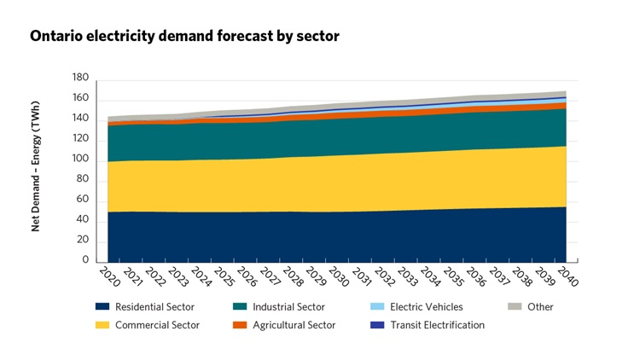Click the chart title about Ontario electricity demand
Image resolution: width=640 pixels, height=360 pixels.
click(x=184, y=37)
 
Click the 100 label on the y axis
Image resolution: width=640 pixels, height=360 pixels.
click(x=80, y=160)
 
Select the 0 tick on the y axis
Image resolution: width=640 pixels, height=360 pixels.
click(x=85, y=261)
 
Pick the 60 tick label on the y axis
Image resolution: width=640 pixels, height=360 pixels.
click(x=83, y=200)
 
